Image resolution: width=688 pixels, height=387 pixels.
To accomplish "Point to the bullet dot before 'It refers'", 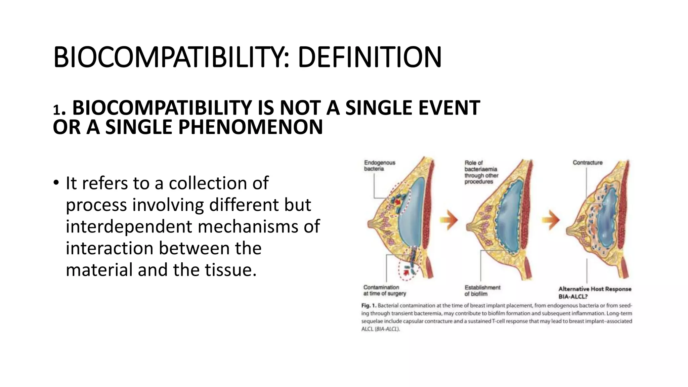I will (56, 183).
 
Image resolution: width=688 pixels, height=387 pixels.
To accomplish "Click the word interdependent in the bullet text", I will (129, 226).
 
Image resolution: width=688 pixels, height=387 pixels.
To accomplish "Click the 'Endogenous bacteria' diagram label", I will (380, 166).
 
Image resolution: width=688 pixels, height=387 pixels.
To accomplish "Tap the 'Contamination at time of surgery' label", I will (384, 290).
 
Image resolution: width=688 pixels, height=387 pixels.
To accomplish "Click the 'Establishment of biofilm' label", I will (482, 291).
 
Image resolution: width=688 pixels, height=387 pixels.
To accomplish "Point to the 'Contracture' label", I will (588, 163).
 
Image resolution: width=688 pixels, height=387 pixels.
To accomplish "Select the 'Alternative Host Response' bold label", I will (595, 289).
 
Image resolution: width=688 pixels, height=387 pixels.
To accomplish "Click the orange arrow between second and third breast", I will (551, 220).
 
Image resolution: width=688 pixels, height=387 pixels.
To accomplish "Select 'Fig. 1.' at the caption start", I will (369, 306).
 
